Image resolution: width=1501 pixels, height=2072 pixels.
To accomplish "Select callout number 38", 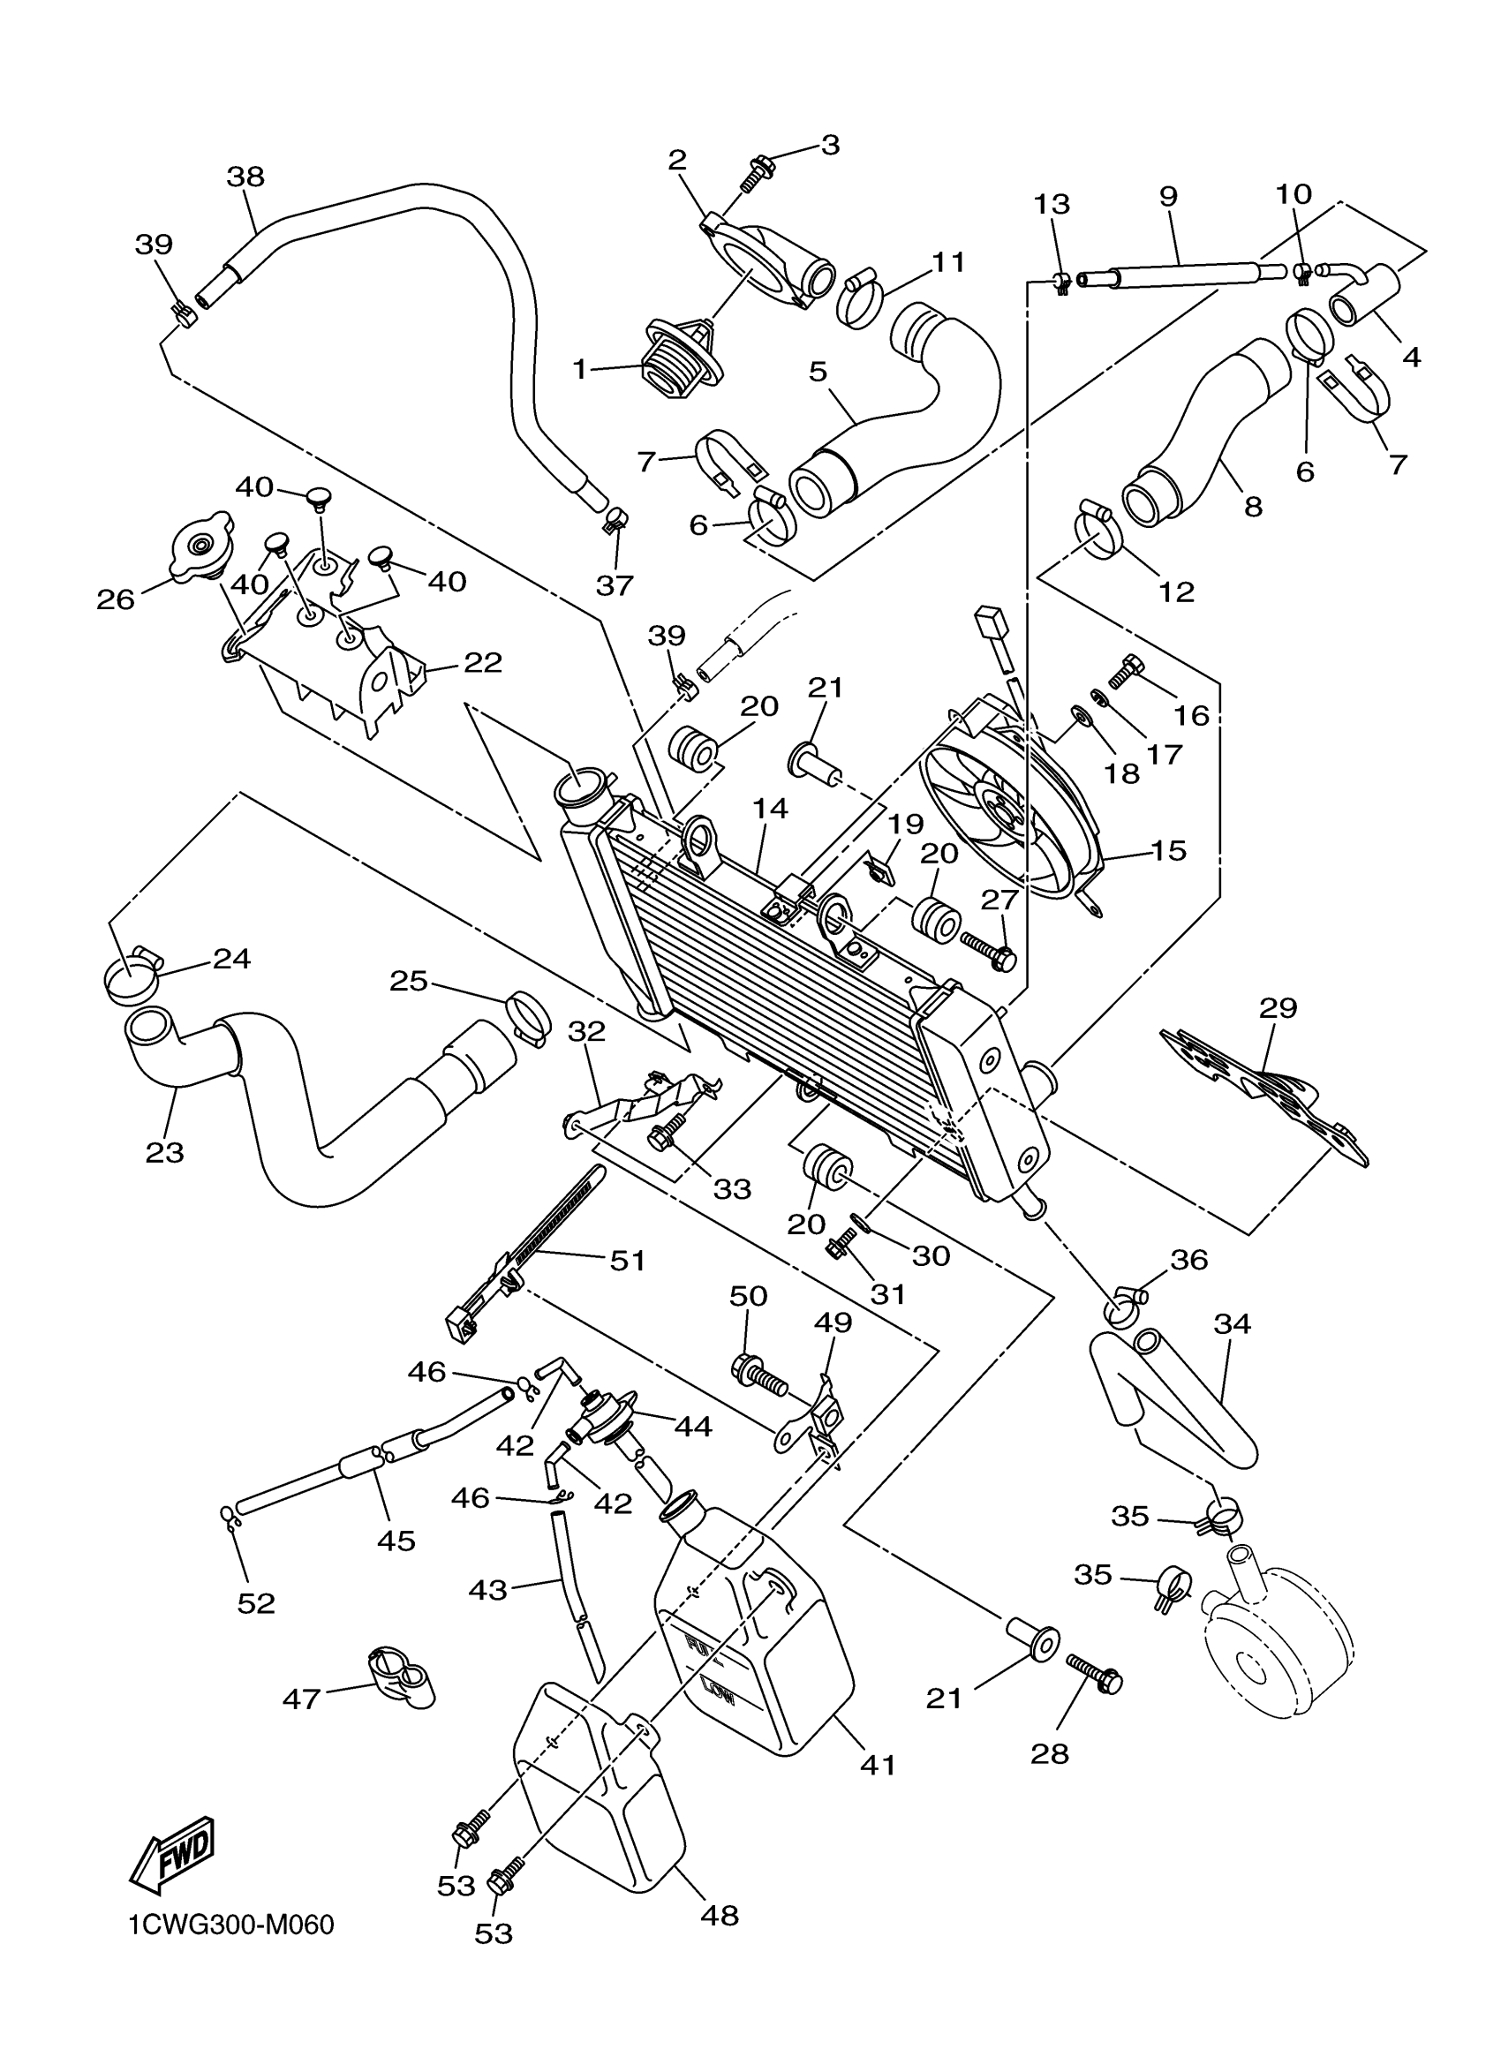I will [x=245, y=176].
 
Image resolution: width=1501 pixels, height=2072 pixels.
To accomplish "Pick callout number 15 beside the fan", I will [x=1168, y=850].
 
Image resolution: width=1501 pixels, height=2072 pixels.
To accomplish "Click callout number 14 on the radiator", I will [x=770, y=808].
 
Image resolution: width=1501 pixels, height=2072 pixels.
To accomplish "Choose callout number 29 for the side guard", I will [x=1278, y=1007].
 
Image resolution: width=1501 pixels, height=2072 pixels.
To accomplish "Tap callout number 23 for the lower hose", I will [x=164, y=1153].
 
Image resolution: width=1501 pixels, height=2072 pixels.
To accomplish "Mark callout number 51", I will [x=628, y=1261].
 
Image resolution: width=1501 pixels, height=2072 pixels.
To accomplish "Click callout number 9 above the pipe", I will [x=1167, y=195].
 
